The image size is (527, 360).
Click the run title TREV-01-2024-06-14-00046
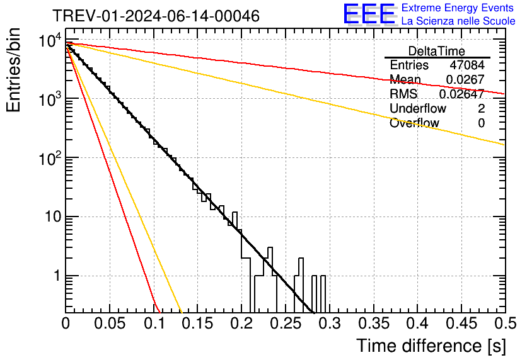[x=155, y=16]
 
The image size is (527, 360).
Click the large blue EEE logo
[x=369, y=14]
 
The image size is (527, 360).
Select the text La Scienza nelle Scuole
[x=458, y=21]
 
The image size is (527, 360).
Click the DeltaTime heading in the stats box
[x=437, y=51]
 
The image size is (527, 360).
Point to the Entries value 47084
[x=467, y=65]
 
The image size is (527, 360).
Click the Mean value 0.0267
[x=465, y=79]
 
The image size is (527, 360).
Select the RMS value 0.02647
[x=461, y=94]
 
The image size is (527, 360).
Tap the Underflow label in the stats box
[x=417, y=108]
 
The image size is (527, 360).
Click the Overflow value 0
[x=481, y=123]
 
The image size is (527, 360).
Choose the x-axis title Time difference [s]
[x=431, y=345]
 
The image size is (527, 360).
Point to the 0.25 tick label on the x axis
[x=286, y=323]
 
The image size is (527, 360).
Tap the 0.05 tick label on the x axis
[x=110, y=323]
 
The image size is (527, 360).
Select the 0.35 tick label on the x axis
[x=373, y=323]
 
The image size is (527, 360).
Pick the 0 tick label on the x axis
[x=66, y=323]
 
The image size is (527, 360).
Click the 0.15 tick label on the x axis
[x=197, y=323]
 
